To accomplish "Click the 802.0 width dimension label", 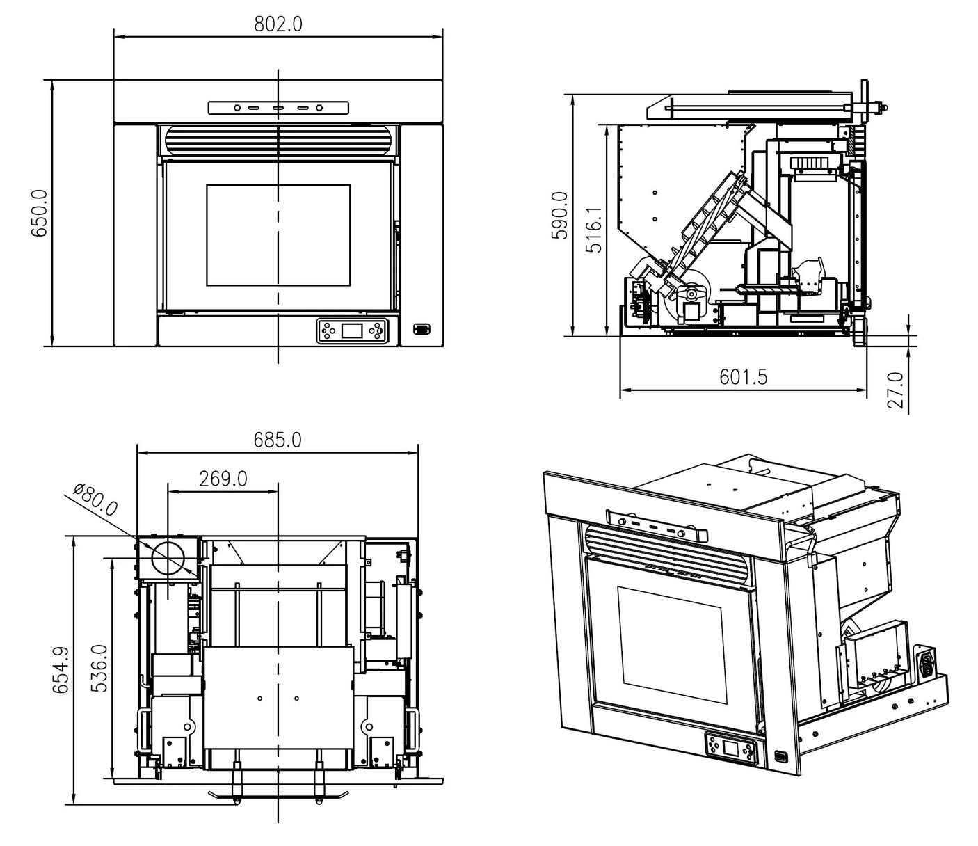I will coord(278,24).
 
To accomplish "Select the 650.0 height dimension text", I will coord(39,213).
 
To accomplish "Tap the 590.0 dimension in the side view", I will coord(559,216).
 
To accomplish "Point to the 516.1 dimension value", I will coord(594,229).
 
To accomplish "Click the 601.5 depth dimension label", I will coord(743,377).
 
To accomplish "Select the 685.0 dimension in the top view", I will coord(278,440).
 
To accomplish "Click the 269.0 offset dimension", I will coord(223,479).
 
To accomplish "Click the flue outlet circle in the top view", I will coord(168,558).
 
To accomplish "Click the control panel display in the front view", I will coord(352,330).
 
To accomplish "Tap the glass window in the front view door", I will coord(278,235).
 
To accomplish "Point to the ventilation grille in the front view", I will coord(278,141).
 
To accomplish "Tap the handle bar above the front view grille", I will coord(278,108).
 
